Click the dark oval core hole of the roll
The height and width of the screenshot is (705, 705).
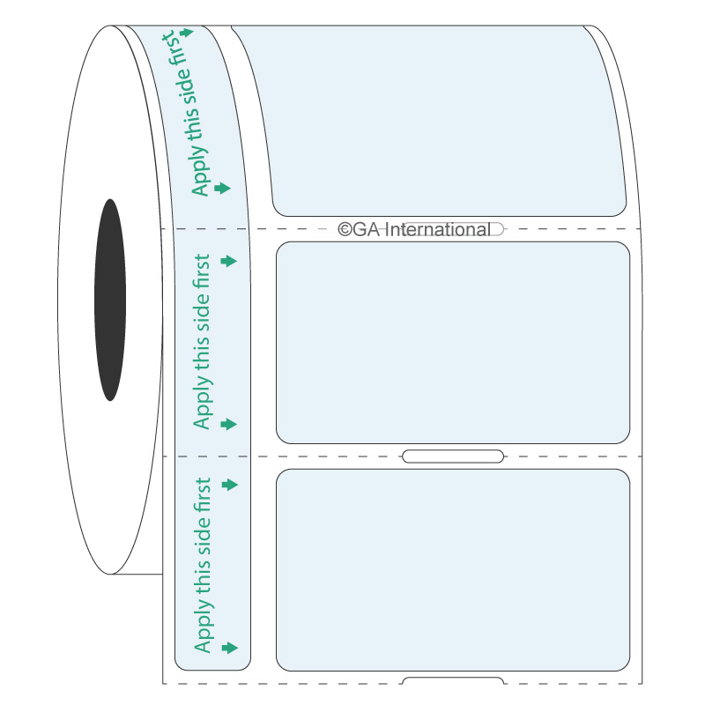109,300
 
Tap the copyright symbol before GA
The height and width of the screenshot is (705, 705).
345,230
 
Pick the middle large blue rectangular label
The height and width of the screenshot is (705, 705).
453,342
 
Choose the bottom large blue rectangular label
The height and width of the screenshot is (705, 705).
453,570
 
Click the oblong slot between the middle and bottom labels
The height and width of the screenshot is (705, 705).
452,456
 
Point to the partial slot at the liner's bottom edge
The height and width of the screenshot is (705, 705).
452,680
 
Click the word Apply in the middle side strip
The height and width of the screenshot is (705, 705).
203,408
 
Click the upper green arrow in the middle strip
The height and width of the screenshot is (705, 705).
230,261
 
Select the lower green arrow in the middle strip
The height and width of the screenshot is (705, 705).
230,424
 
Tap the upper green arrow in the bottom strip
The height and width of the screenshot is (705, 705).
230,485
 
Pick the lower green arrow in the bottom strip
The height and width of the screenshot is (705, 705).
230,648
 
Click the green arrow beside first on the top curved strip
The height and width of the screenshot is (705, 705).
185,33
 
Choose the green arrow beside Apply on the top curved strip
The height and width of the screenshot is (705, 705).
222,188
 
